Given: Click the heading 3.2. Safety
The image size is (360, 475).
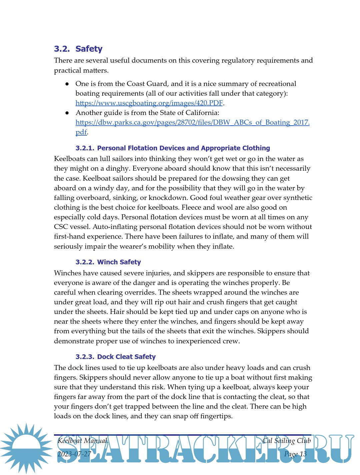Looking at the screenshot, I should pos(78,49).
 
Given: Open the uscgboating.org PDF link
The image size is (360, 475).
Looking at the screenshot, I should pos(149,103).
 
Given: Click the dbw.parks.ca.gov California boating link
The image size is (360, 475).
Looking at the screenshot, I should pos(192,122).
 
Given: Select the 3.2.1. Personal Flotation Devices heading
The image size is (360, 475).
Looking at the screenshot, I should pos(173,148).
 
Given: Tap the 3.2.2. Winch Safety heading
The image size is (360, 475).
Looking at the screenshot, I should pos(108,262).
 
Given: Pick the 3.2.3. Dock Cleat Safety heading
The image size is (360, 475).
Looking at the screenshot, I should pos(115,357).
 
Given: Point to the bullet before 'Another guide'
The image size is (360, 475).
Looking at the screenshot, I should pos(67,113).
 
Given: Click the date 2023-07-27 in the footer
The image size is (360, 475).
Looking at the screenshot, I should pos(74,454).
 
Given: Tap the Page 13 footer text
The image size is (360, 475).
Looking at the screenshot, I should pos(295,454).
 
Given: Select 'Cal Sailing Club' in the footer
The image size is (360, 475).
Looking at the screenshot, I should pos(286,441).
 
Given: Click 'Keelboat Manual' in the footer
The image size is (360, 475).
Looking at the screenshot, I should pos(82,441).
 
